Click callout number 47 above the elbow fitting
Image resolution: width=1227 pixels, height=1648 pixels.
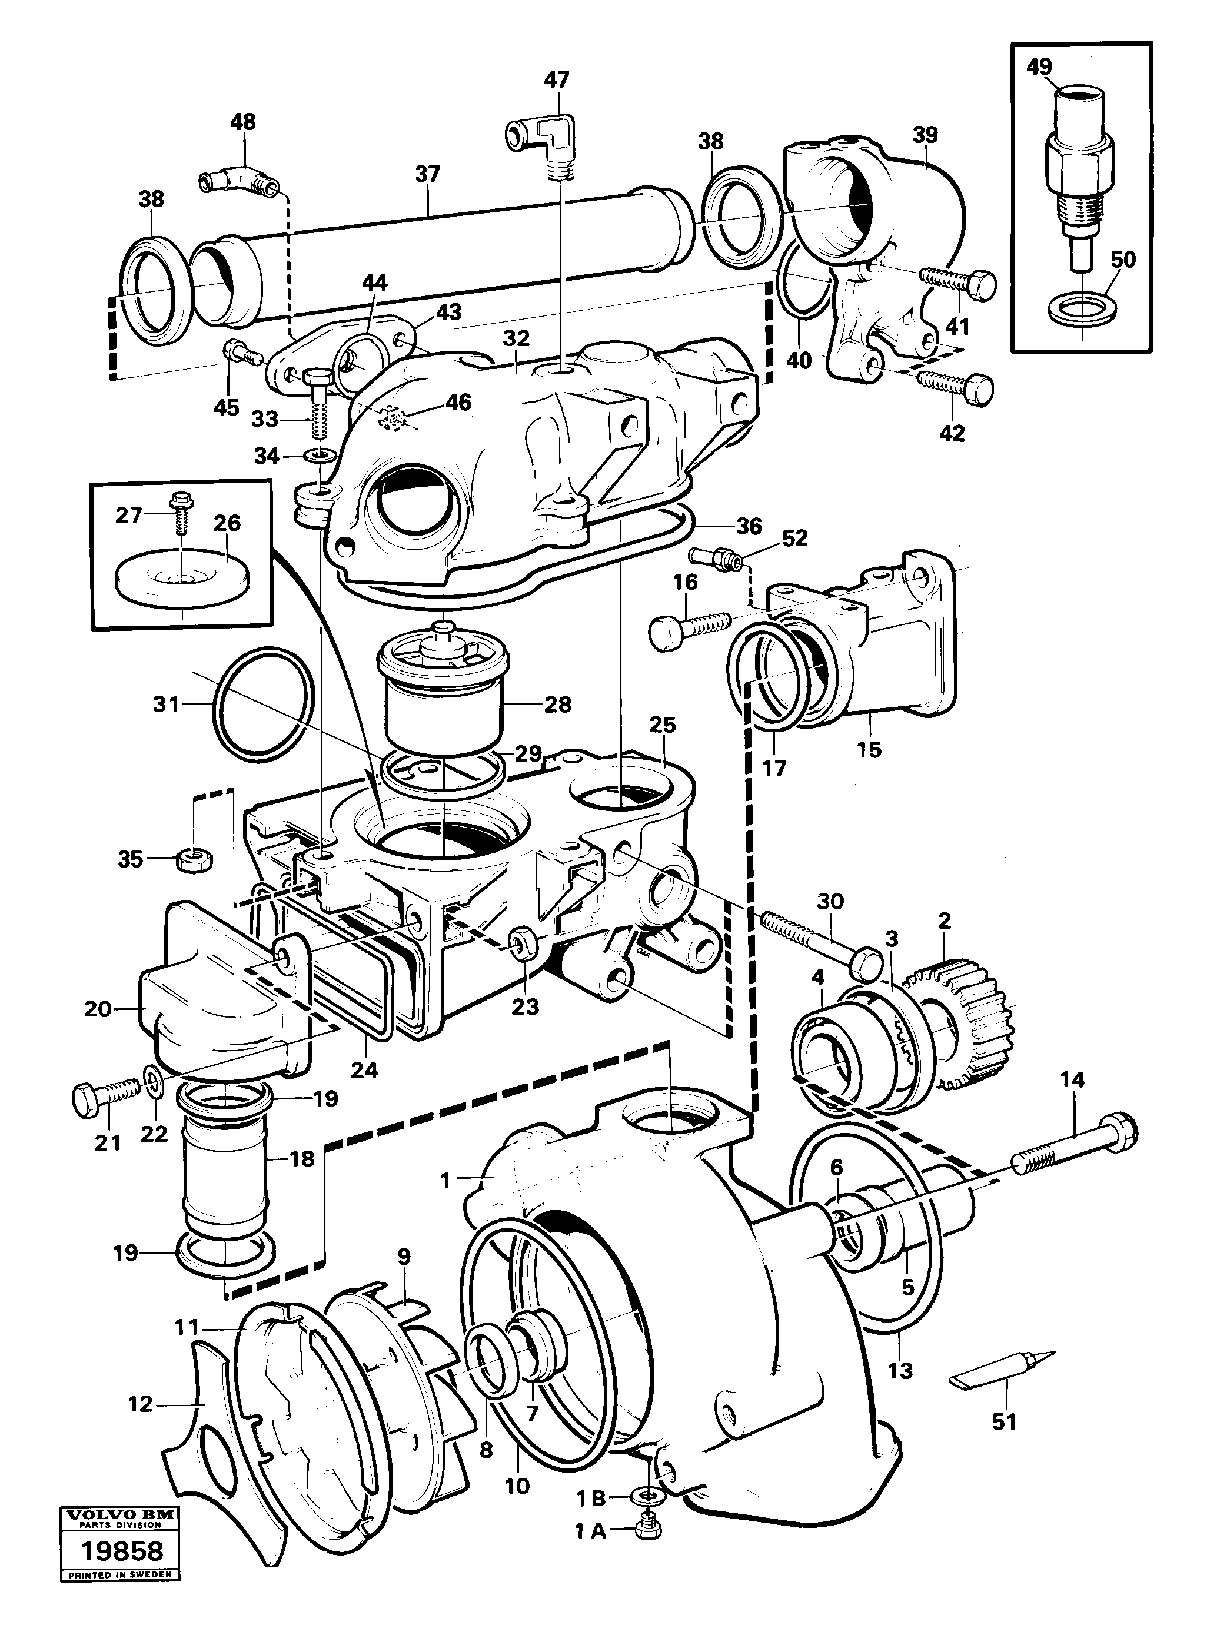coord(556,79)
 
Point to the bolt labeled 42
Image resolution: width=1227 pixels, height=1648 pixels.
coord(957,384)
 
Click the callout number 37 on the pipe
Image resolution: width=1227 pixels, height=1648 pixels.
coord(428,175)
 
